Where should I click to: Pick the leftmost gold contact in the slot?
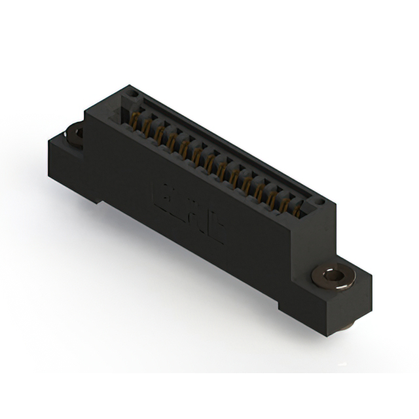[136, 120]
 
